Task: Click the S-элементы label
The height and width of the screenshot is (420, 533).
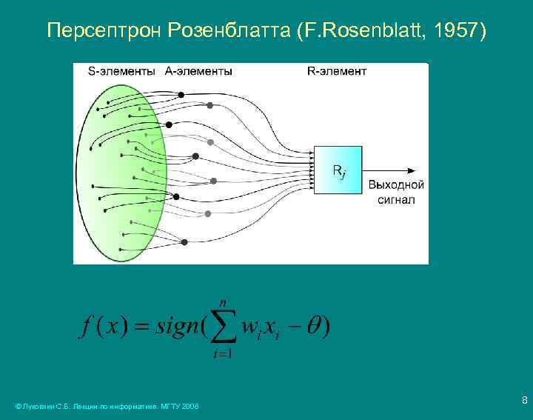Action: pyautogui.click(x=121, y=71)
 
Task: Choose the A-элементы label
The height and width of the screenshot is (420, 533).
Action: pyautogui.click(x=198, y=71)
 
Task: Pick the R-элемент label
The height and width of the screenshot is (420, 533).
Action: pyautogui.click(x=337, y=71)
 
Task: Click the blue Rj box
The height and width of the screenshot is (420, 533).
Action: pyautogui.click(x=338, y=170)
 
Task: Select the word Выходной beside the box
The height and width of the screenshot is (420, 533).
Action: pyautogui.click(x=396, y=186)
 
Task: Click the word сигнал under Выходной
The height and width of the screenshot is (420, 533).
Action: pyautogui.click(x=396, y=199)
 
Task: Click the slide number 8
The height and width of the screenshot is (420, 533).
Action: pyautogui.click(x=524, y=401)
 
